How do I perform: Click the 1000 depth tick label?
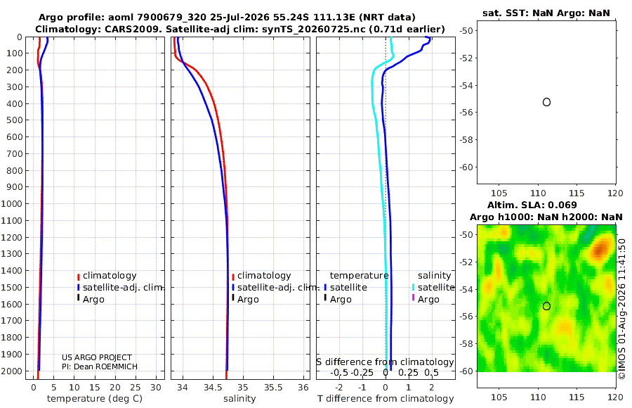(11, 203)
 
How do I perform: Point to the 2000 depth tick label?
(11, 371)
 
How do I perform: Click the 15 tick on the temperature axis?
(94, 388)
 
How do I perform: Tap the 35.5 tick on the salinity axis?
(273, 388)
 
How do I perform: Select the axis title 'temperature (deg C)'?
(95, 399)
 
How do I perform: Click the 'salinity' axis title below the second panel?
(239, 399)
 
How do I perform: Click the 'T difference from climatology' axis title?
(386, 399)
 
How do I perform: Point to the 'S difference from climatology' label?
(385, 362)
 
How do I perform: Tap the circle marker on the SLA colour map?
(546, 306)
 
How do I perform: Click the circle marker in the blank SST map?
(546, 102)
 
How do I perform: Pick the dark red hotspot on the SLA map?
(600, 249)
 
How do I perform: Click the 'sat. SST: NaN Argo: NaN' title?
(546, 13)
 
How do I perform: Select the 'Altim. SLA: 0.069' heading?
(532, 205)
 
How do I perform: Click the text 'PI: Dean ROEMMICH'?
(100, 366)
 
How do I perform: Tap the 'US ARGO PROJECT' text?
(97, 357)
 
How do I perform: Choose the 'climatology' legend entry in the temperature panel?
(110, 276)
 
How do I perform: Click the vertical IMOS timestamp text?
(622, 309)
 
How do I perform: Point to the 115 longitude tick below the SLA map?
(577, 397)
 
